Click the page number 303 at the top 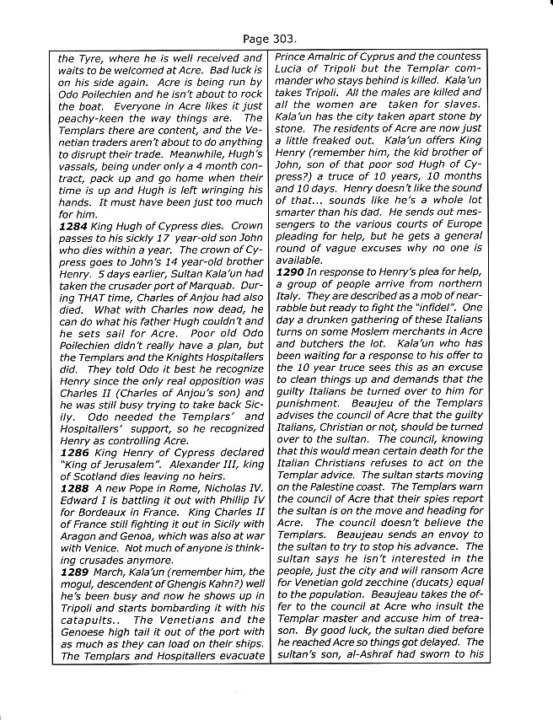(x=287, y=39)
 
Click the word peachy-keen (x=92, y=119)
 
